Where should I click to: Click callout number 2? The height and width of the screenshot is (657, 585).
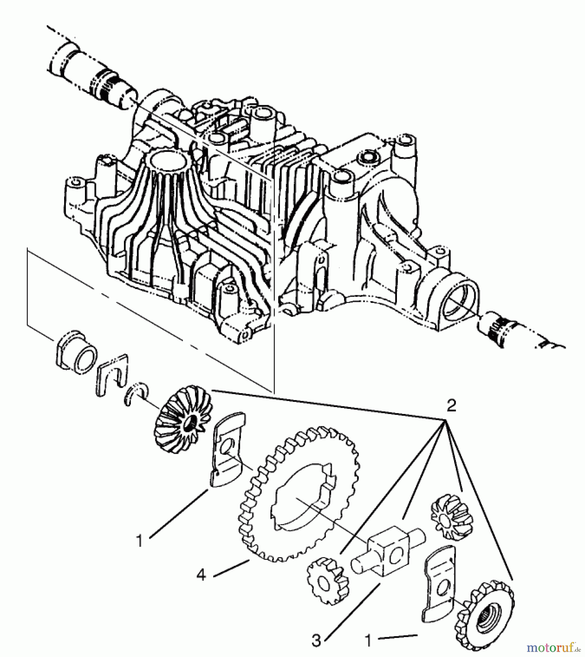tap(451, 406)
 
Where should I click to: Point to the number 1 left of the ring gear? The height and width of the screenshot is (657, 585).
tap(139, 541)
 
